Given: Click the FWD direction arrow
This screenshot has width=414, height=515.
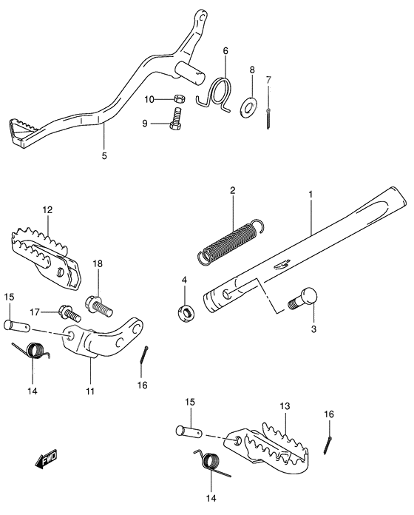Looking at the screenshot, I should pos(46,460).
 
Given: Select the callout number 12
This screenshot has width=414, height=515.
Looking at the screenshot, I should pos(47,210).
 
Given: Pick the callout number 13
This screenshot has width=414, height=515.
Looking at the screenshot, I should pos(285,406).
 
